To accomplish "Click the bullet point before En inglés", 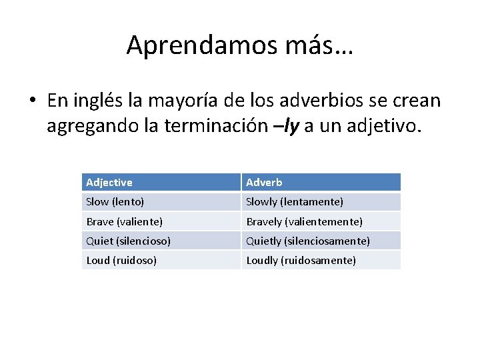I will pyautogui.click(x=33, y=101).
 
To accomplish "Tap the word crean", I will pyautogui.click(x=418, y=101).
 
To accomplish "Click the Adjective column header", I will pyautogui.click(x=109, y=182).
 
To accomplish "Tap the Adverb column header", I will pyautogui.click(x=264, y=182).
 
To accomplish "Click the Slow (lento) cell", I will pyautogui.click(x=115, y=201).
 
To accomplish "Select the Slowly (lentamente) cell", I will pyautogui.click(x=295, y=201).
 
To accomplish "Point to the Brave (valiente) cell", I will pyautogui.click(x=124, y=221).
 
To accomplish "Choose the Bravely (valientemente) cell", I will pyautogui.click(x=304, y=221).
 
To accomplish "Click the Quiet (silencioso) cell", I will pyautogui.click(x=128, y=241).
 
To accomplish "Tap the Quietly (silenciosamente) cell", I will pyautogui.click(x=308, y=241).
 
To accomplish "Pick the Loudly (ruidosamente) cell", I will pyautogui.click(x=301, y=260).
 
